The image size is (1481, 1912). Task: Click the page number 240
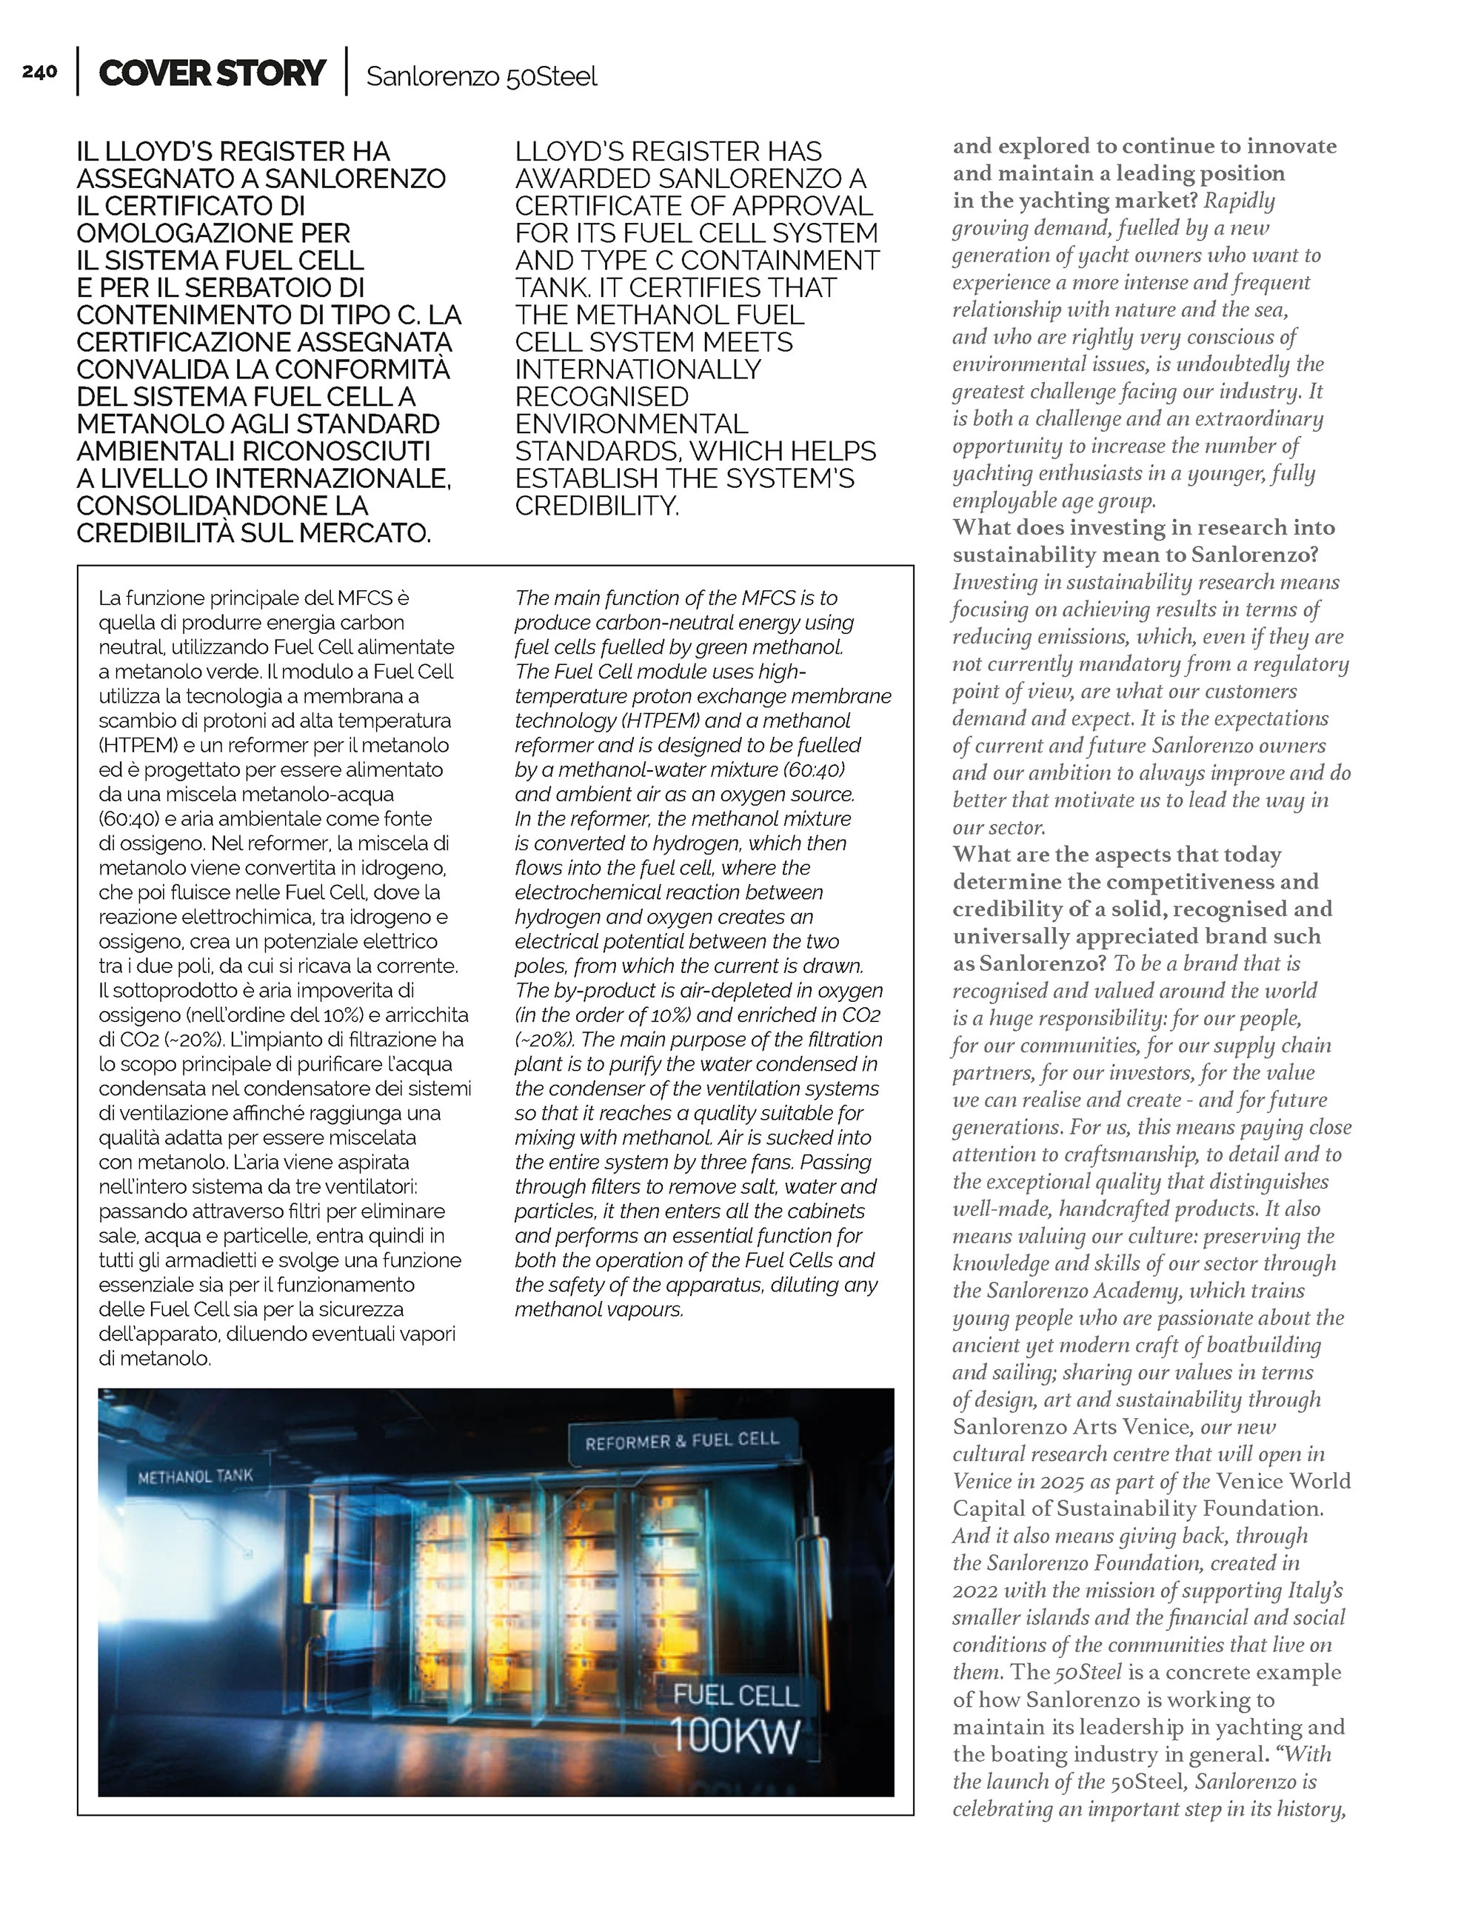click(x=40, y=72)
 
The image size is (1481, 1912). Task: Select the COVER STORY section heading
click(x=212, y=73)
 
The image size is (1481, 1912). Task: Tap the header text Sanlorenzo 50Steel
click(x=481, y=77)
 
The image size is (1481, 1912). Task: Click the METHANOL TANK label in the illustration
click(x=195, y=1476)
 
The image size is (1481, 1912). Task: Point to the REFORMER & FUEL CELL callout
click(x=682, y=1441)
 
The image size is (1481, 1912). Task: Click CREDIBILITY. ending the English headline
click(x=597, y=506)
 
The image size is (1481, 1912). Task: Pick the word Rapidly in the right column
click(x=1240, y=201)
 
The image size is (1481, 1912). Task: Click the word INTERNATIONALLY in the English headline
click(x=638, y=370)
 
